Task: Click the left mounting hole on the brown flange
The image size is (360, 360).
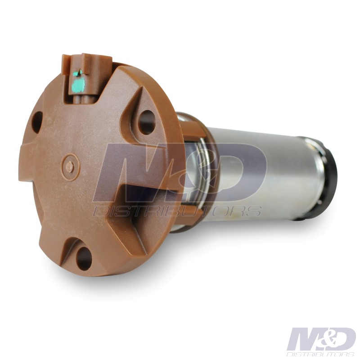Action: [37, 122]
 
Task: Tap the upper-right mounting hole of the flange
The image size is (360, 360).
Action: [147, 122]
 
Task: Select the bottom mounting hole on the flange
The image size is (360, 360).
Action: [84, 259]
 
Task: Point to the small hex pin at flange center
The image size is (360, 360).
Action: [70, 166]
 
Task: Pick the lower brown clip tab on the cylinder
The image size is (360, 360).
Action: [190, 216]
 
